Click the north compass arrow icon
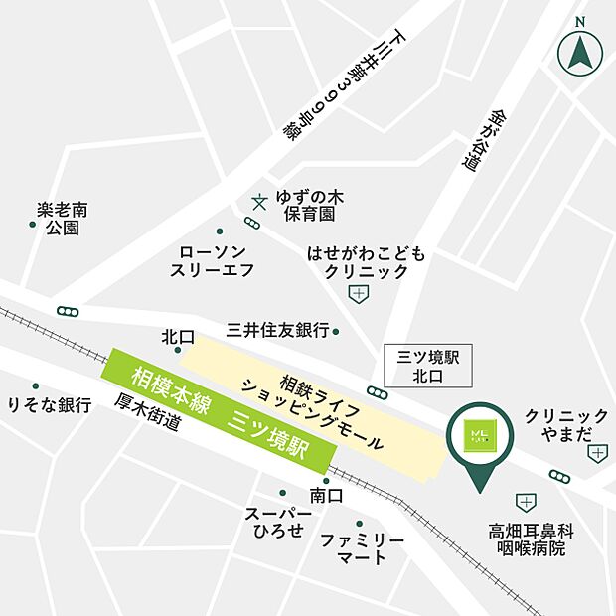click(581, 52)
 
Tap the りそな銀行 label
click(50, 405)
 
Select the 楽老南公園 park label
click(62, 220)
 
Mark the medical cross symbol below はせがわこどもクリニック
click(357, 293)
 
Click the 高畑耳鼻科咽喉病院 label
click(531, 539)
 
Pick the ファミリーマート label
click(362, 548)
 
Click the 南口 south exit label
click(326, 494)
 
